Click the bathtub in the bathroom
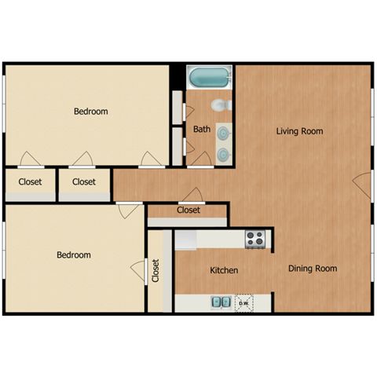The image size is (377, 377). point(210,77)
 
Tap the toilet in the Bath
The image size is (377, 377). point(221,105)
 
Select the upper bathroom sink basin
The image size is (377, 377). point(224,134)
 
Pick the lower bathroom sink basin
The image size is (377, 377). point(224,154)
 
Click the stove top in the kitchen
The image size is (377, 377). point(255,239)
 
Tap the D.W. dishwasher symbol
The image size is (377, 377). point(244,303)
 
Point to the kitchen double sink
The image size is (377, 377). point(221,302)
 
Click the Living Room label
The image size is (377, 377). point(299,131)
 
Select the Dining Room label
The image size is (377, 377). point(313,269)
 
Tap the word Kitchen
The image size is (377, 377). point(224,270)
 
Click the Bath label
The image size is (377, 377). point(202,129)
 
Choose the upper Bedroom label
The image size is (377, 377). point(91,112)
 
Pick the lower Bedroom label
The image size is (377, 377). point(74,254)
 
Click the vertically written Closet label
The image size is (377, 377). point(156,270)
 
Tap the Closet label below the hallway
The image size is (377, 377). point(188,210)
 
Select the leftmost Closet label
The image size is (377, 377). point(30,181)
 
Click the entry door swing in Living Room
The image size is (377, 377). point(363,185)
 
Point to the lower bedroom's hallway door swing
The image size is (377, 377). point(128,211)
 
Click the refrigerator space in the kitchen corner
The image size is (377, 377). point(185,240)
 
